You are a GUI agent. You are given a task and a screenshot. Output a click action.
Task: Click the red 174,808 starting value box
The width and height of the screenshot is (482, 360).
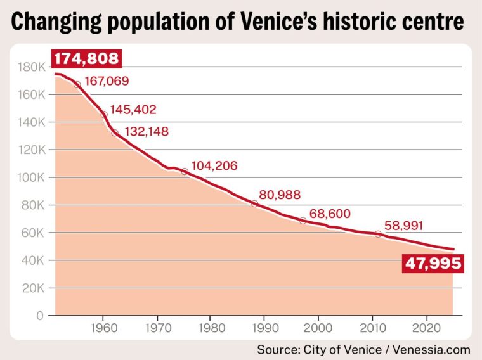tap(86, 59)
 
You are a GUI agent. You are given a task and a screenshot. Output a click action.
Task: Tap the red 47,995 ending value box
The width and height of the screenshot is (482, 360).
tap(433, 263)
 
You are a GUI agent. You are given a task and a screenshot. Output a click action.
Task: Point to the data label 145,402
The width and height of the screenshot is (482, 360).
tap(133, 110)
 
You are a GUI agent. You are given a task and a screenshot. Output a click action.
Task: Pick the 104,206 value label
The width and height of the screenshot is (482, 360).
tap(214, 166)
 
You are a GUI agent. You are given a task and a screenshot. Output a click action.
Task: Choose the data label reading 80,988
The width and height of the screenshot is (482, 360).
tap(280, 195)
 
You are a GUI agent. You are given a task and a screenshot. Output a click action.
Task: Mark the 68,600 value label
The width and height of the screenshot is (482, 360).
tap(329, 214)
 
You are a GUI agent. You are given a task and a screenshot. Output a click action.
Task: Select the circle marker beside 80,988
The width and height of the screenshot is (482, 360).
tap(254, 203)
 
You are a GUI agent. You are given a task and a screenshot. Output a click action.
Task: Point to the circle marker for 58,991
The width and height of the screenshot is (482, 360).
tap(379, 234)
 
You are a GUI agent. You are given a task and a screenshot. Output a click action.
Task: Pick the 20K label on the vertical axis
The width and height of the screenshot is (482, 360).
tap(32, 288)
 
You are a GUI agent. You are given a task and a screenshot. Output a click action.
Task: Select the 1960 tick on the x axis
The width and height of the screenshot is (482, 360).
tap(103, 330)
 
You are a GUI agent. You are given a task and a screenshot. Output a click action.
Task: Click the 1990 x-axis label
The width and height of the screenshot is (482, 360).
tap(264, 330)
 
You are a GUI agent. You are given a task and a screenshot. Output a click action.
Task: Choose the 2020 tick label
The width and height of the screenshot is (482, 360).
tap(426, 330)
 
